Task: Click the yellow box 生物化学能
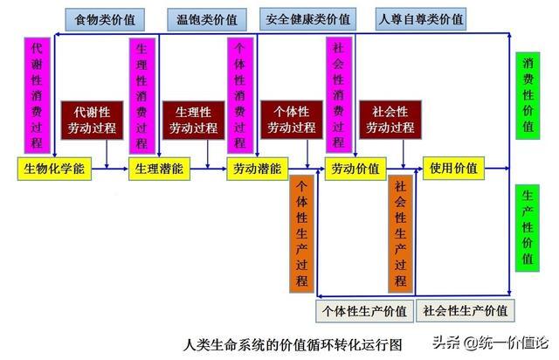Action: (53, 169)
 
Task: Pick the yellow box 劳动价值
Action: (355, 169)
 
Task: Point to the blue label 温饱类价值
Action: (207, 17)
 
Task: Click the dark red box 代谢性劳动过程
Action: (92, 121)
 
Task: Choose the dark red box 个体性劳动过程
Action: (289, 121)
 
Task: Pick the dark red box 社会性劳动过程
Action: (389, 121)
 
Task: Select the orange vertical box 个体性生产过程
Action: (301, 234)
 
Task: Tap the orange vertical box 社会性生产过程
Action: (400, 234)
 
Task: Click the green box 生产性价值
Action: (528, 229)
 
